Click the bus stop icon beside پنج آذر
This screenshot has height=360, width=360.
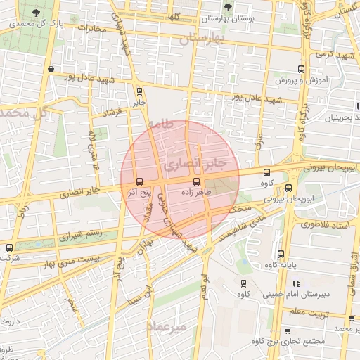coord(139,181)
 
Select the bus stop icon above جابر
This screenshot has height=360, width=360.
coord(139,90)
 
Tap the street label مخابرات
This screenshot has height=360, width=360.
coord(94,29)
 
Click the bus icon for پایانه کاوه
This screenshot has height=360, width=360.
coord(281,254)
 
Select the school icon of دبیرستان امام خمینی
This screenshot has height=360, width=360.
coord(245,283)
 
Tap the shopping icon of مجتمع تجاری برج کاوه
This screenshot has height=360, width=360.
coord(288,330)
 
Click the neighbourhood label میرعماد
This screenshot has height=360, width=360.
coord(167,326)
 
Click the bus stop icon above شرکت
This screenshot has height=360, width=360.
coord(9,247)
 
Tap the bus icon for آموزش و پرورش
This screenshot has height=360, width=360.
coord(302,69)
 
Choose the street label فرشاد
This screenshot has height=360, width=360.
coord(112,112)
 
